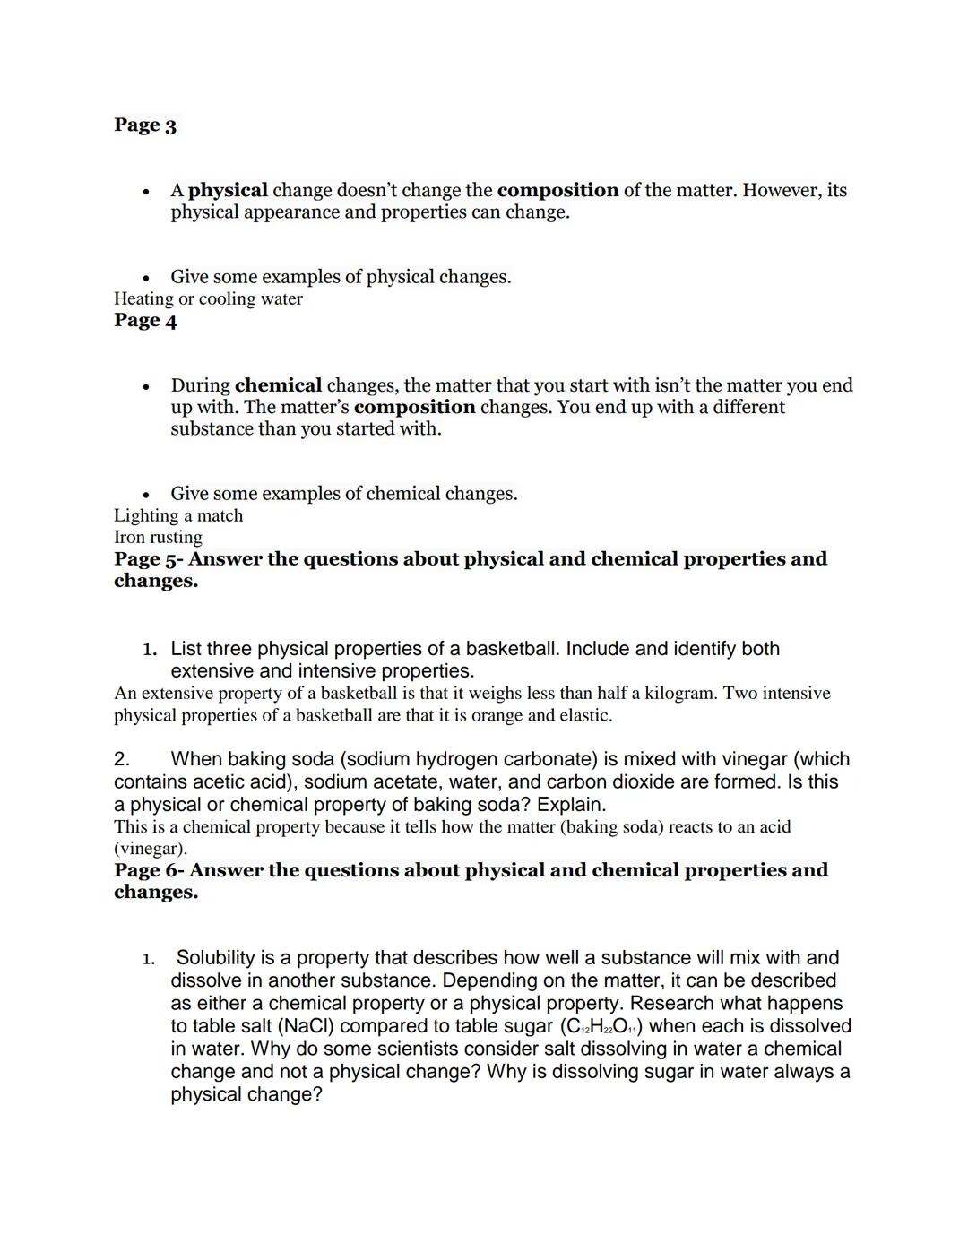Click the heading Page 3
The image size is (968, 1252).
tap(145, 125)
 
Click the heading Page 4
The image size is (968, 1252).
tap(145, 321)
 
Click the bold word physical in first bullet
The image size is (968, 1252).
tap(228, 191)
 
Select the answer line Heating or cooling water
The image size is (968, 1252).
tap(208, 299)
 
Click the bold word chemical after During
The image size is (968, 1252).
tap(278, 386)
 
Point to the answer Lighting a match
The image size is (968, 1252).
tap(178, 516)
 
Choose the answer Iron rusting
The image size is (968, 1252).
tap(158, 538)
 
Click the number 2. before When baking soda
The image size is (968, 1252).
tap(123, 760)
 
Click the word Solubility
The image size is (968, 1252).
tap(216, 958)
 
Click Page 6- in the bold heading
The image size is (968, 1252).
tap(149, 871)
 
